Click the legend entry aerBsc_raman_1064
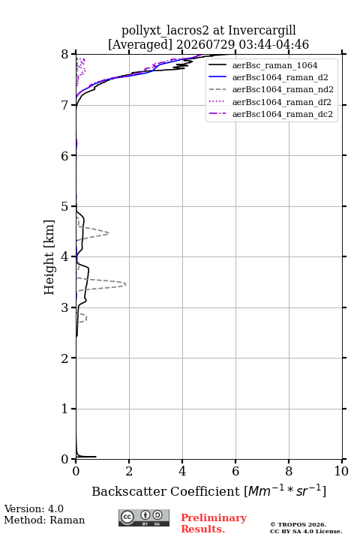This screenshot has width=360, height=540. tap(274, 65)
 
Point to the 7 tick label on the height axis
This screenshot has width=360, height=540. tap(65, 105)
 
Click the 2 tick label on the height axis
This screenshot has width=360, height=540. tap(65, 358)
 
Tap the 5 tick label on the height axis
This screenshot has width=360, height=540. tap(65, 206)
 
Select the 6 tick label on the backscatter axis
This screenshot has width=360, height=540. tap(235, 471)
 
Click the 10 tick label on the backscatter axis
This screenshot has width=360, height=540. tap(341, 471)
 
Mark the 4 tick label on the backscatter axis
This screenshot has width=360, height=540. tap(182, 471)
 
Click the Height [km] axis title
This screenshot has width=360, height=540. tap(49, 257)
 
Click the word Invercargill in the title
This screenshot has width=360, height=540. tap(262, 31)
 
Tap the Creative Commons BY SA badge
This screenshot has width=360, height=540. tap(144, 517)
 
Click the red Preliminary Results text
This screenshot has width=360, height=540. tap(214, 523)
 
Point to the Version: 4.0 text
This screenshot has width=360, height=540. tap(34, 508)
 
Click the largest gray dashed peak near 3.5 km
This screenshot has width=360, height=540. tap(125, 284)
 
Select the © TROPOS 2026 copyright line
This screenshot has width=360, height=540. tap(298, 524)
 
